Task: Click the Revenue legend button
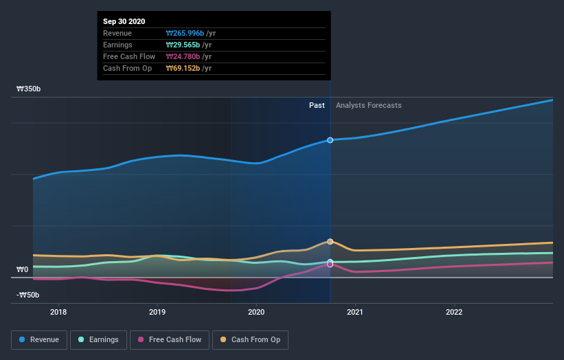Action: click(39, 339)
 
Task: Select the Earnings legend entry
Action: click(98, 339)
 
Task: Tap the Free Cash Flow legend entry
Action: click(169, 339)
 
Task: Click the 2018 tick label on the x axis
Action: click(58, 312)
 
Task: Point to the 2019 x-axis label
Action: click(157, 312)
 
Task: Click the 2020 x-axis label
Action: click(256, 312)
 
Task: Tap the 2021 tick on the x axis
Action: click(355, 312)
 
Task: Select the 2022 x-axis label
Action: click(454, 312)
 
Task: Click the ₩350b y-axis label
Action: click(29, 89)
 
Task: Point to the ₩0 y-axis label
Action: click(23, 269)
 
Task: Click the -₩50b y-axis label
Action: click(27, 295)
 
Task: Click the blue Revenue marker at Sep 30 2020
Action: click(330, 140)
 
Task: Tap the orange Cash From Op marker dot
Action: click(330, 242)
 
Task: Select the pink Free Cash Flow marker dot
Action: click(330, 265)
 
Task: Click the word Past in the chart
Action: click(317, 105)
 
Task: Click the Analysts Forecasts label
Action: click(368, 105)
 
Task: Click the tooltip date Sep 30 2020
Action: click(125, 22)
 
